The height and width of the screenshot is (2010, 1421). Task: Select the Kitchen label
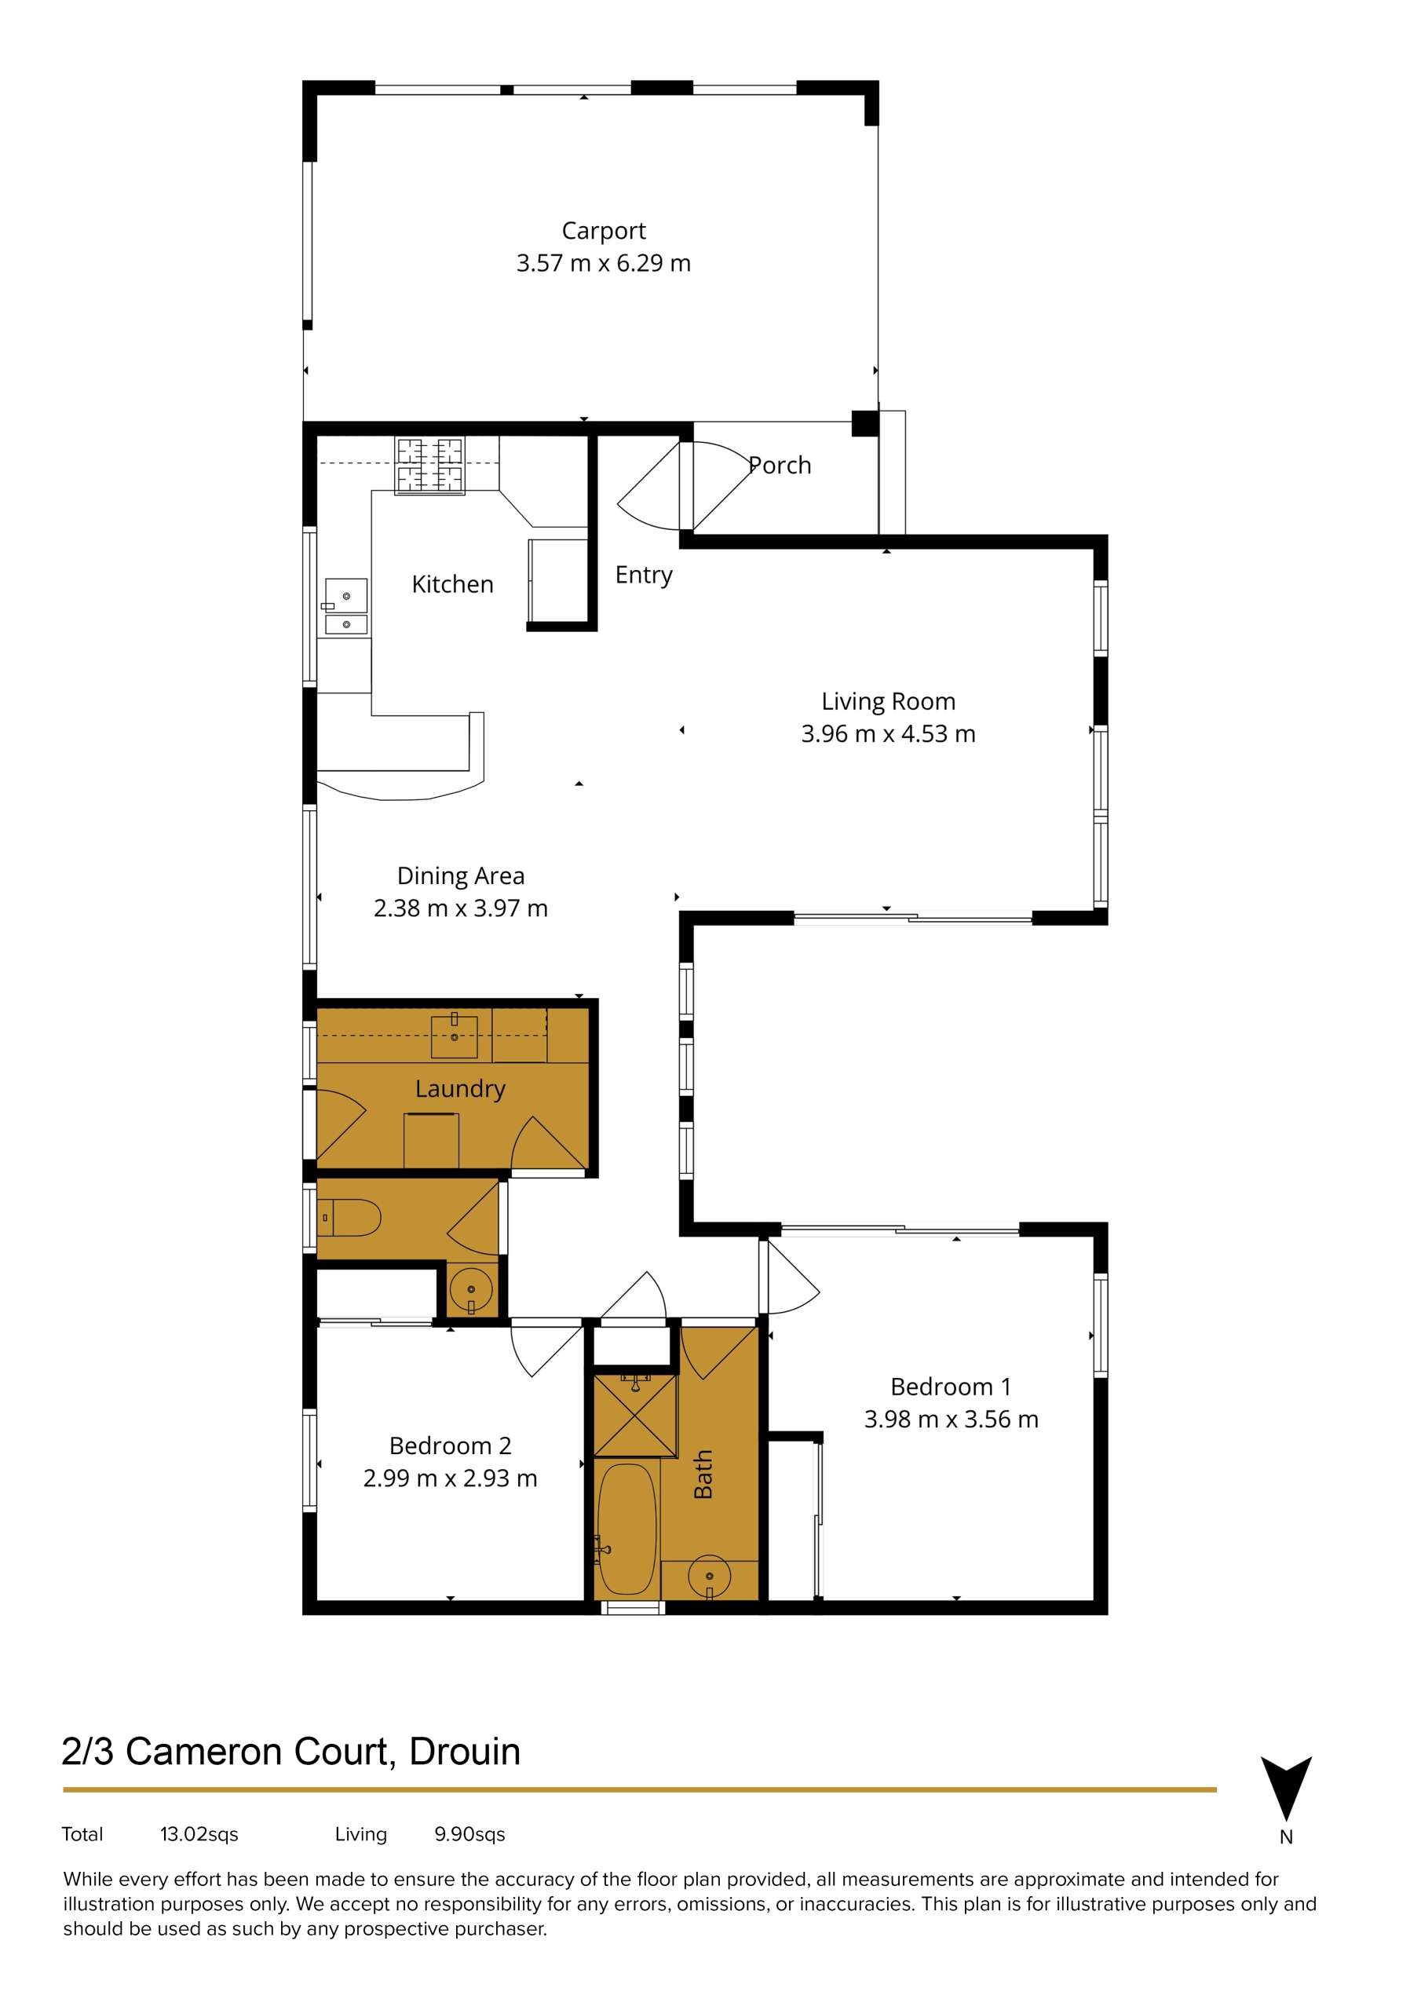tap(453, 584)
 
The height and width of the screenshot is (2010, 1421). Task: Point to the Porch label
tap(780, 465)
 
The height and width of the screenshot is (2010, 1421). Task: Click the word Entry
tap(644, 576)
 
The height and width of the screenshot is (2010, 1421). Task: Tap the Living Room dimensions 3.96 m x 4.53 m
tap(888, 733)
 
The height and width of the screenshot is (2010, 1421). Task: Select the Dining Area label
tap(461, 875)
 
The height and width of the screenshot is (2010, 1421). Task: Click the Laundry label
tap(461, 1089)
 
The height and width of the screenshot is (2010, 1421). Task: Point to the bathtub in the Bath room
tap(626, 1529)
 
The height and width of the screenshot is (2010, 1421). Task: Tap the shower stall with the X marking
tap(635, 1416)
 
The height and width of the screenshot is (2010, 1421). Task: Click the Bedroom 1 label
tap(951, 1387)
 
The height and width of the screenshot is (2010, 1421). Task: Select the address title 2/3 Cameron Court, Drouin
tap(290, 1752)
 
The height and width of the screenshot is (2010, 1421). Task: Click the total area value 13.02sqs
tap(199, 1834)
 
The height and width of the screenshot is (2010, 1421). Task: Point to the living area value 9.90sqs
tap(470, 1834)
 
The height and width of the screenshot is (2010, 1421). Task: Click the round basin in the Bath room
tap(709, 1576)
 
